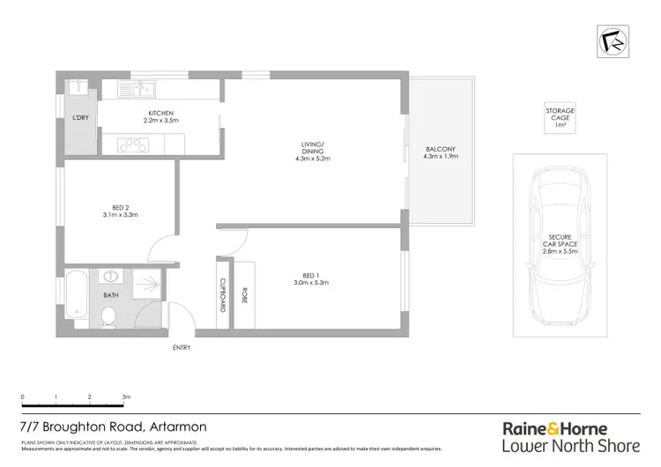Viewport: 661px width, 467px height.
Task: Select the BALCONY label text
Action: coord(441,150)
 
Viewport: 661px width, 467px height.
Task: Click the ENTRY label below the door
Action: coord(182,347)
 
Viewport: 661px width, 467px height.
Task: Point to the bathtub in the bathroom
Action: coord(76,300)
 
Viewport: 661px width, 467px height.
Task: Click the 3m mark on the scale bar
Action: coord(125,397)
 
